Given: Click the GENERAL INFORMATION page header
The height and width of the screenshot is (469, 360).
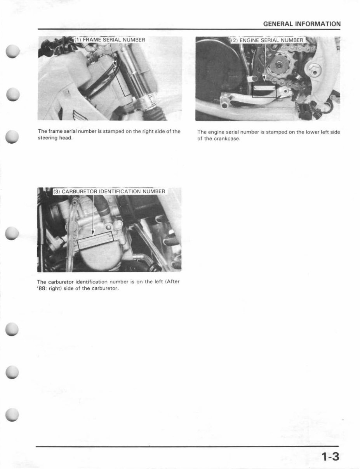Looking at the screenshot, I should click(x=302, y=24).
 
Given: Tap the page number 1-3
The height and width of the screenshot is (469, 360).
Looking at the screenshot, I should click(x=330, y=457).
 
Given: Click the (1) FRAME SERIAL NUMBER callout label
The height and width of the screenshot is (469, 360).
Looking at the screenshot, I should click(x=110, y=40).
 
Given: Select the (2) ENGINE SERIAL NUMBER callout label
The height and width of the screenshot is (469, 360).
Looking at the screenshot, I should click(x=267, y=40).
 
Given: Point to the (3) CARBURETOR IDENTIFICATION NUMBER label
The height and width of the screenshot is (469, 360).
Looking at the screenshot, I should click(x=109, y=191).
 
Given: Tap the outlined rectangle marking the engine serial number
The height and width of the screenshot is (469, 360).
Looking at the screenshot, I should click(x=264, y=90).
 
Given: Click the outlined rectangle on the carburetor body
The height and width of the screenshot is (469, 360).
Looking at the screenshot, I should click(x=95, y=241).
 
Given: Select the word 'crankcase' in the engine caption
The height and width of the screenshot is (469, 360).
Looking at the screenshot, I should click(x=227, y=139).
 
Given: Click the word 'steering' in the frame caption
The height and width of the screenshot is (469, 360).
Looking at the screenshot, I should click(x=46, y=138).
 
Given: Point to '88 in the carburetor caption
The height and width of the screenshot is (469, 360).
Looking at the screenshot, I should click(x=42, y=288).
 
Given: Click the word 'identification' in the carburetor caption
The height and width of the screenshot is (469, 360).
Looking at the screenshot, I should click(x=92, y=281).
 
